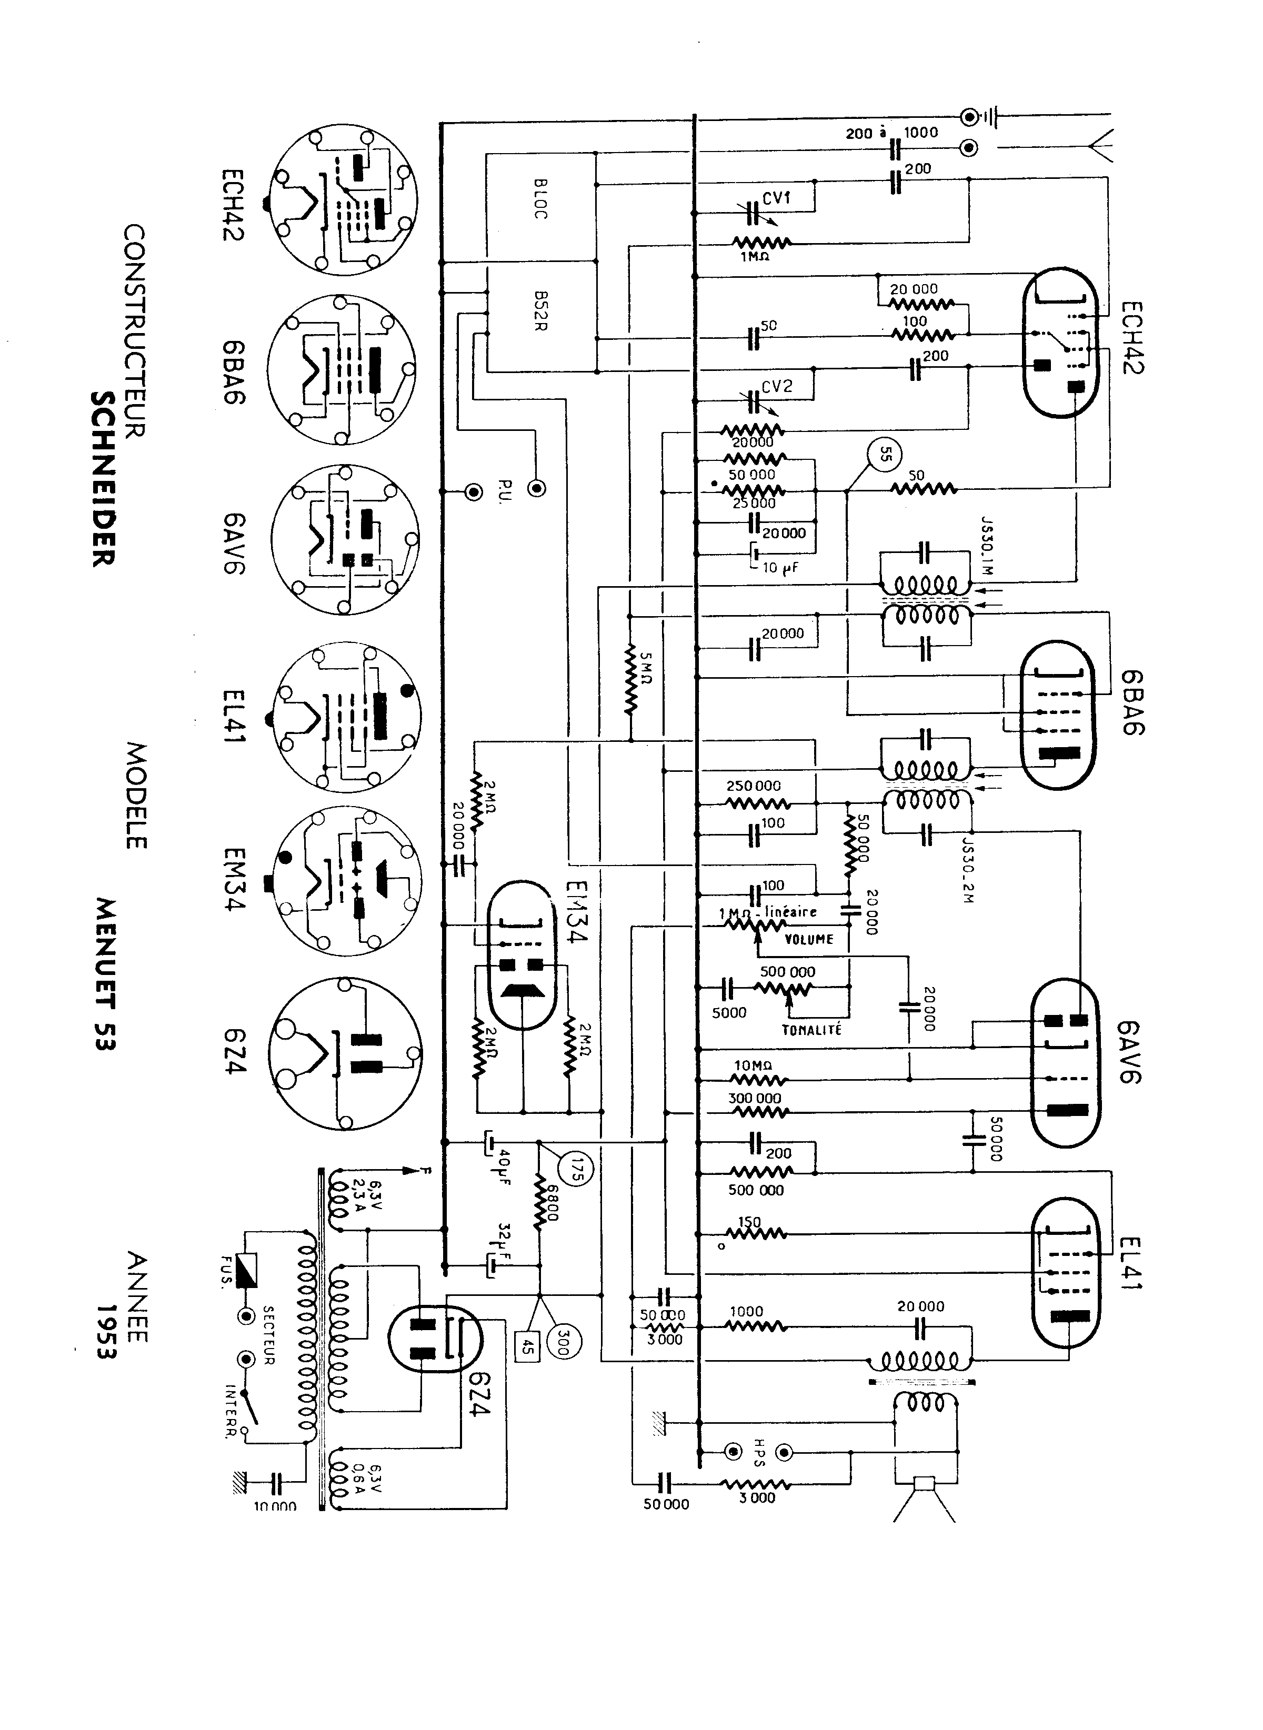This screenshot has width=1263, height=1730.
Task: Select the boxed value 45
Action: tap(527, 1345)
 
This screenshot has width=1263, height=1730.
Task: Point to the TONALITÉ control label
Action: tap(811, 1030)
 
